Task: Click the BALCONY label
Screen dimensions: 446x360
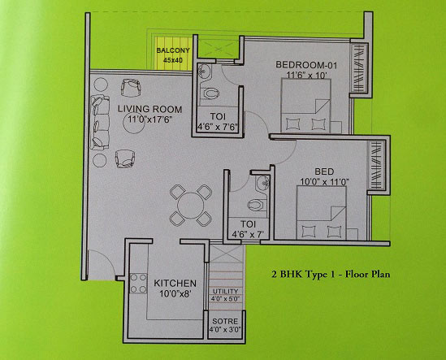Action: [173, 50]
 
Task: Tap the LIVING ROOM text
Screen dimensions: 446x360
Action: [150, 109]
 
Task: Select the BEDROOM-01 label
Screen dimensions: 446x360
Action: [306, 65]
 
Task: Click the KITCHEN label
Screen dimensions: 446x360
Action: [175, 283]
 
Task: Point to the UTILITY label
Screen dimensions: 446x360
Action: [225, 292]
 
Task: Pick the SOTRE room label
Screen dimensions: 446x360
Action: [225, 321]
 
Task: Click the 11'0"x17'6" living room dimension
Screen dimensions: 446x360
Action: [150, 119]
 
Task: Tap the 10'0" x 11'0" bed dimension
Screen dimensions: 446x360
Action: [324, 182]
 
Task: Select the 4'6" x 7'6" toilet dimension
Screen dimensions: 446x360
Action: [218, 127]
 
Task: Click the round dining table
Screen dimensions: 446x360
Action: [191, 206]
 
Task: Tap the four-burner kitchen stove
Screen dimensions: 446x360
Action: [138, 283]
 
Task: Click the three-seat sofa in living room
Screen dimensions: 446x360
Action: [100, 123]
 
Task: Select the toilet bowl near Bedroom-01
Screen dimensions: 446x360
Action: [210, 93]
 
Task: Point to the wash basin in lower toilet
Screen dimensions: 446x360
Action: [263, 184]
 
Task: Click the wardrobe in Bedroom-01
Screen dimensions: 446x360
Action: [357, 67]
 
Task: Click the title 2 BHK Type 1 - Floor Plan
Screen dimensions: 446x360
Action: [331, 275]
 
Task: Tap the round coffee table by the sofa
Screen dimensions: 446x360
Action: [134, 124]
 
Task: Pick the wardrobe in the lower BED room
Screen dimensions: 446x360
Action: [377, 165]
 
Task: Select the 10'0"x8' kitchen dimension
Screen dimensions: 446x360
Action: [175, 293]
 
